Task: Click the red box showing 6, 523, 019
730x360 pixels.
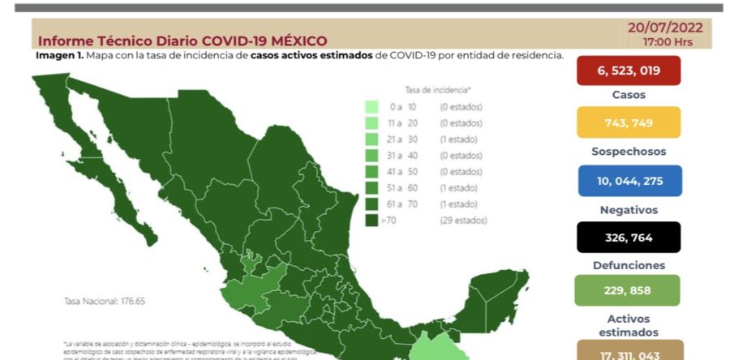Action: point(628,71)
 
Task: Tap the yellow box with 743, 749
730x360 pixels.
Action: point(628,122)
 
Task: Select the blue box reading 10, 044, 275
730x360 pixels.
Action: point(628,180)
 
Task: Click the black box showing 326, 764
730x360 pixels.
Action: point(628,238)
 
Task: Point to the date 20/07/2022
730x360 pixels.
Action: point(665,26)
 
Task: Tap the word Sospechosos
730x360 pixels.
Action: point(629,151)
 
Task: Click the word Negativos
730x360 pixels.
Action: point(629,209)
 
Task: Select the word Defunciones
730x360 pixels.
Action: point(629,265)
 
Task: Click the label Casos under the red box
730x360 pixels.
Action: point(629,95)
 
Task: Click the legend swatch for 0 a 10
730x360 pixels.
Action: point(371,107)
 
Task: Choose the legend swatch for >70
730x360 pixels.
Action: point(371,220)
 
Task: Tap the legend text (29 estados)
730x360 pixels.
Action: point(462,220)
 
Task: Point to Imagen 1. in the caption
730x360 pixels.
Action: point(59,55)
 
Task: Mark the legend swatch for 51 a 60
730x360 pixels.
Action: point(371,188)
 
